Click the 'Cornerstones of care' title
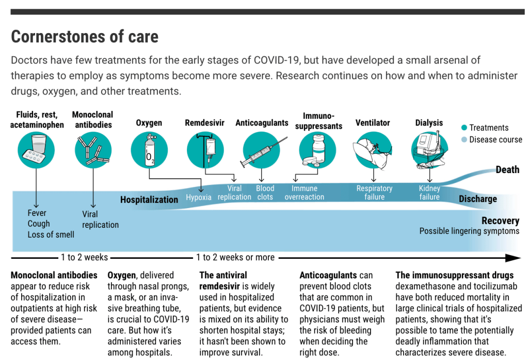click(x=85, y=36)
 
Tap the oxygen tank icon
click(x=149, y=150)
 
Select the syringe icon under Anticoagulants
click(x=262, y=151)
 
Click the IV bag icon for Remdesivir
click(x=205, y=150)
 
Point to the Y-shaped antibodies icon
click(x=93, y=150)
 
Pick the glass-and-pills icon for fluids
click(x=36, y=150)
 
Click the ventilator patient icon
click(x=373, y=150)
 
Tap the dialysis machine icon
click(x=430, y=150)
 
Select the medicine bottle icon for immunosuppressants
click(x=317, y=150)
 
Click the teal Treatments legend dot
click(x=464, y=128)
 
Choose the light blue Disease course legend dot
click(x=464, y=139)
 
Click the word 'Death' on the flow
click(x=507, y=169)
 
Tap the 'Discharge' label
click(x=478, y=199)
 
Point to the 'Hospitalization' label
click(x=149, y=199)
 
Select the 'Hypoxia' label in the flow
click(x=199, y=197)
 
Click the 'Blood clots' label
click(x=265, y=193)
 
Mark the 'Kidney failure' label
click(x=429, y=193)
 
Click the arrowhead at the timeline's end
click(x=514, y=258)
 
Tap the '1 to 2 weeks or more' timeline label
click(x=235, y=257)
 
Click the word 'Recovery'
click(x=501, y=221)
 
